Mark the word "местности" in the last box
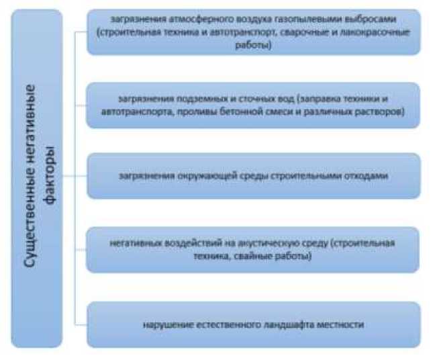tap(342, 326)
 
